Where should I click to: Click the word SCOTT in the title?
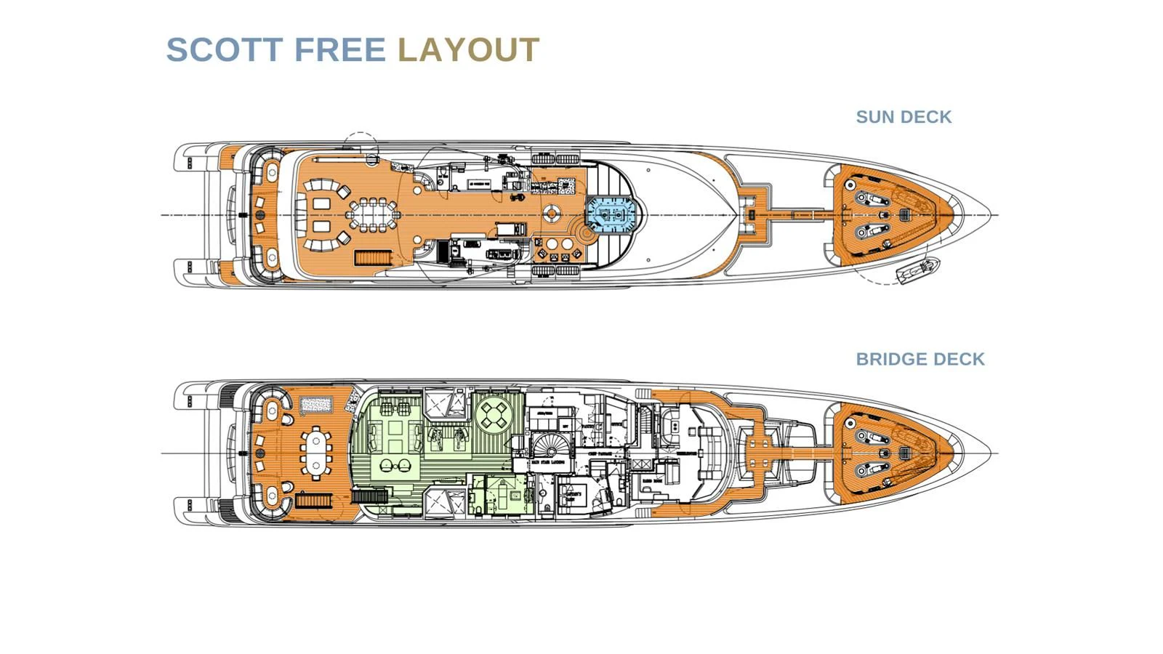tap(225, 50)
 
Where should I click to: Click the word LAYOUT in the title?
tap(468, 50)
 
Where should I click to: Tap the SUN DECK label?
tap(904, 117)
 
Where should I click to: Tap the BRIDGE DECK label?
tap(920, 359)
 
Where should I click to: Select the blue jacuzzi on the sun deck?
tap(614, 215)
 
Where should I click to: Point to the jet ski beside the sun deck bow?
tap(917, 271)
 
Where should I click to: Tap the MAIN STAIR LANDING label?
tap(549, 462)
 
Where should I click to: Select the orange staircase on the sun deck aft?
tap(373, 258)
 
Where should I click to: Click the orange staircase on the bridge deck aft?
tap(313, 501)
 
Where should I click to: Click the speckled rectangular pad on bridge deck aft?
tap(316, 405)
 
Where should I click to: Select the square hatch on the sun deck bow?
tap(906, 214)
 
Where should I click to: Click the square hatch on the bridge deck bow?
tap(904, 453)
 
